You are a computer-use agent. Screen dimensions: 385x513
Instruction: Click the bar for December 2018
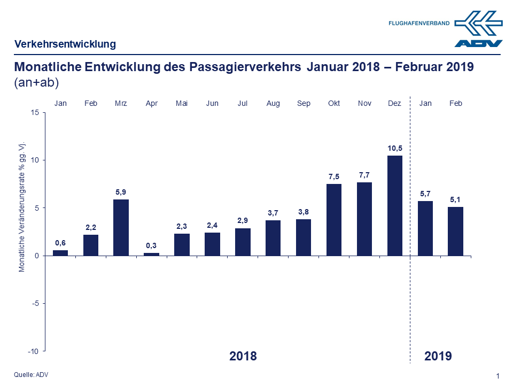394,206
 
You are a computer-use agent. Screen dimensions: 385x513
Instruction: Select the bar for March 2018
121,227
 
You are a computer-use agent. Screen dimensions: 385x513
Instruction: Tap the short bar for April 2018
151,254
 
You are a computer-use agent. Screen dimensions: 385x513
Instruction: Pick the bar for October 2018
334,220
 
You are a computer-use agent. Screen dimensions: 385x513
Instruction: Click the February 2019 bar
455,231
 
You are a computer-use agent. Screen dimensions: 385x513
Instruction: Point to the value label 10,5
394,148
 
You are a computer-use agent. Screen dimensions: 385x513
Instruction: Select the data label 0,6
60,243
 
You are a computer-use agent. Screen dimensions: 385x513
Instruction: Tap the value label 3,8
304,212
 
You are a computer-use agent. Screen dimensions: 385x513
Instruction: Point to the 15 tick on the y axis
35,112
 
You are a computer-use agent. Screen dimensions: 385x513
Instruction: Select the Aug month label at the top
273,103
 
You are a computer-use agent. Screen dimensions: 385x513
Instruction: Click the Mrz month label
121,103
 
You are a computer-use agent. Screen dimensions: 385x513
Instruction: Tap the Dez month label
394,103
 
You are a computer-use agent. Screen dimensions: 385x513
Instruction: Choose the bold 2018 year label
243,356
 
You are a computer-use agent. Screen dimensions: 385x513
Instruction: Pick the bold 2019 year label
438,356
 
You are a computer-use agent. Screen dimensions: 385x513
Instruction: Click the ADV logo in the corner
478,29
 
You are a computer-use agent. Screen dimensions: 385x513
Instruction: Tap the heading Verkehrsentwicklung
65,44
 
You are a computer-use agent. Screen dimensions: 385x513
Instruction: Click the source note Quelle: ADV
32,374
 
